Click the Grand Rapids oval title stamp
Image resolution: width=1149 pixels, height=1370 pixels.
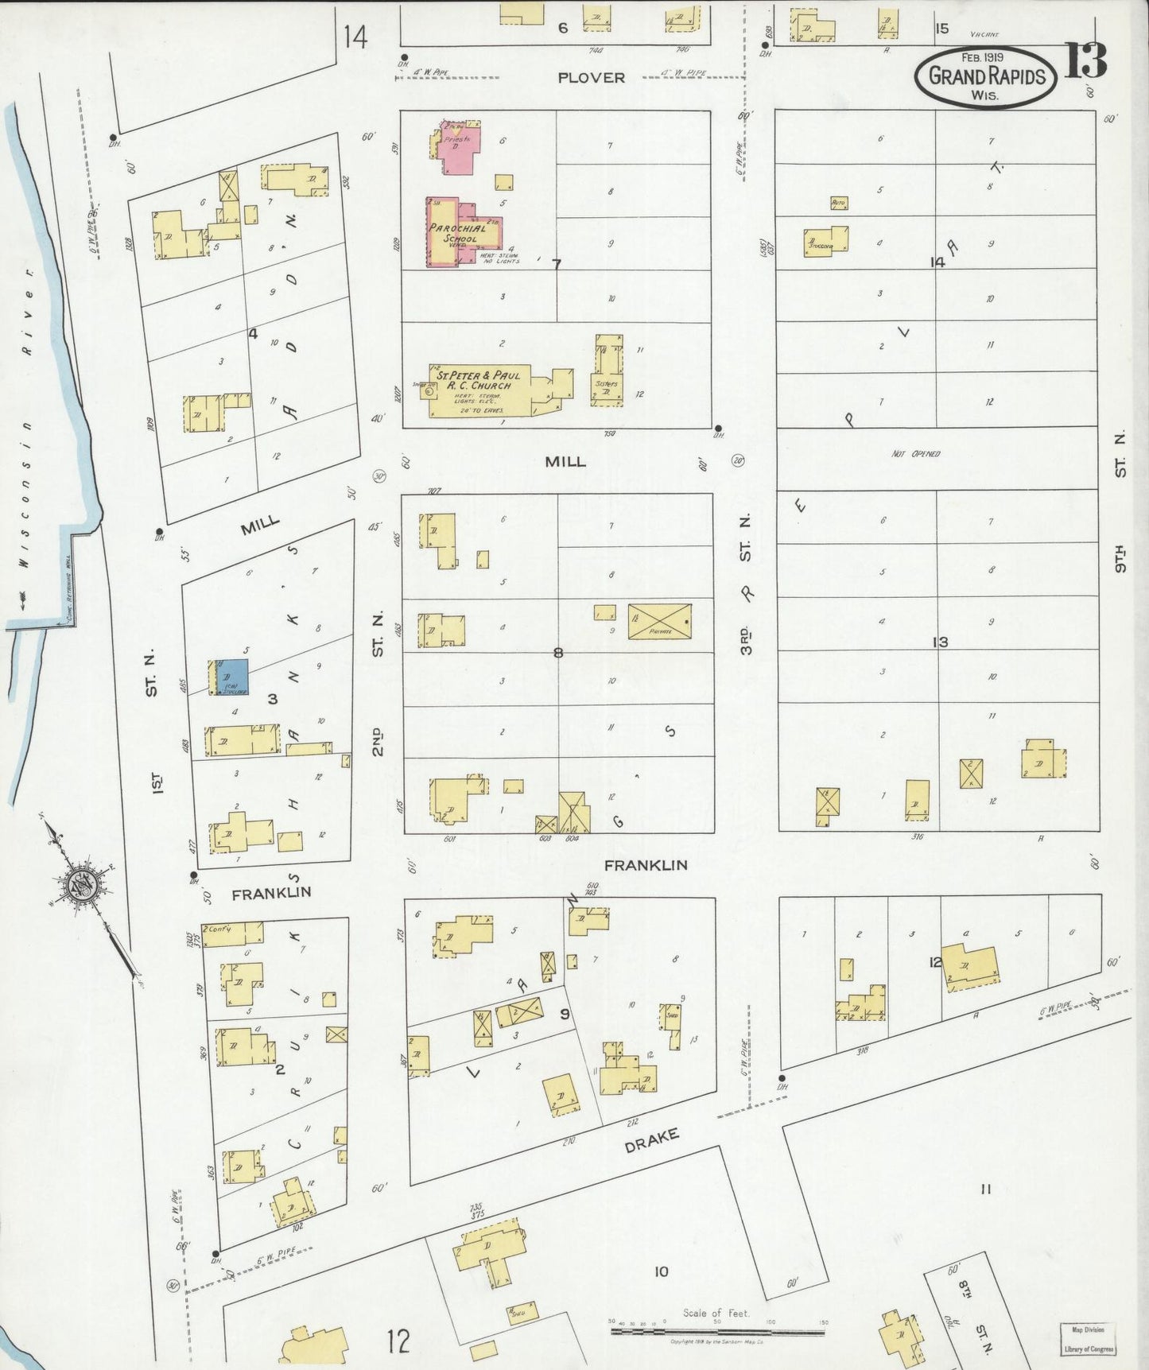985,76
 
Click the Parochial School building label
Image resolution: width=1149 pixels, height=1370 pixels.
458,233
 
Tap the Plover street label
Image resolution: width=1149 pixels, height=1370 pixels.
591,77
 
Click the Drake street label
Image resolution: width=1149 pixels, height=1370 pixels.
651,1141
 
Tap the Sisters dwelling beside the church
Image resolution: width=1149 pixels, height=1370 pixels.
607,372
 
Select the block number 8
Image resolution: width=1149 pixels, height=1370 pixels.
557,653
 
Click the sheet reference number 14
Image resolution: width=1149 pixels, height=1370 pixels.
355,37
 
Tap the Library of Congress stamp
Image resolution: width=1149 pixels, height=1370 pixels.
1088,1339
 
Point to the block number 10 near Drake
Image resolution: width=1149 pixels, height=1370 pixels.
661,1271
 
